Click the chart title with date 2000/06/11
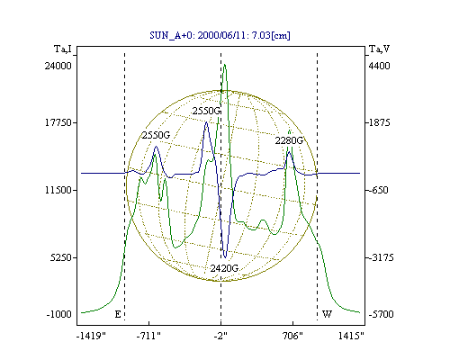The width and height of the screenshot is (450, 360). [x=220, y=35]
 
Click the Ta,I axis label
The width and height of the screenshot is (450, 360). [x=63, y=49]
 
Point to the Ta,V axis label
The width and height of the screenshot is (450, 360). [x=379, y=49]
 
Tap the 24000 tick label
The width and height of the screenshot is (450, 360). [x=58, y=66]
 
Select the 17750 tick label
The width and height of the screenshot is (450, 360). [x=58, y=122]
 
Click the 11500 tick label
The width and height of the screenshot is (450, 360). [x=58, y=190]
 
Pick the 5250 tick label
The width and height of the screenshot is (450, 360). [x=61, y=257]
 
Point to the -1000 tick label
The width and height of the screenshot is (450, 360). [x=59, y=314]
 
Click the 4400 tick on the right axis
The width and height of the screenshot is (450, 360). [x=379, y=66]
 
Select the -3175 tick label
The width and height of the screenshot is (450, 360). [x=381, y=257]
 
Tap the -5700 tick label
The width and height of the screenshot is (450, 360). [x=381, y=314]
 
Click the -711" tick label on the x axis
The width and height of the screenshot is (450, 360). [x=148, y=336]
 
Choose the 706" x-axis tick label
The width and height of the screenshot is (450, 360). [x=292, y=336]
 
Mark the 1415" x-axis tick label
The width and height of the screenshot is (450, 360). [x=351, y=336]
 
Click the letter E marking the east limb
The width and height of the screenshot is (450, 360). [x=118, y=314]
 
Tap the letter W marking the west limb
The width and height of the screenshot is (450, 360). [x=327, y=314]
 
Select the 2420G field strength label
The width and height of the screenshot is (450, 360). [x=224, y=268]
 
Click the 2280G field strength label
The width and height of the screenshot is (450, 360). [x=289, y=140]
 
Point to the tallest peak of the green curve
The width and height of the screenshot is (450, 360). [x=225, y=65]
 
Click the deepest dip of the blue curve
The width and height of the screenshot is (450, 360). [x=225, y=257]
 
